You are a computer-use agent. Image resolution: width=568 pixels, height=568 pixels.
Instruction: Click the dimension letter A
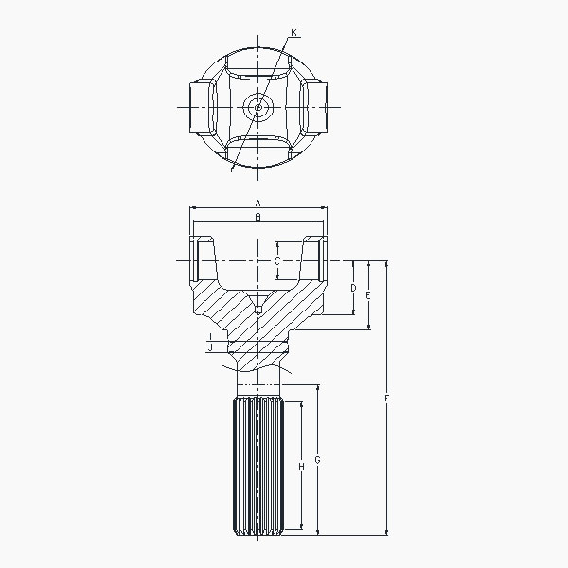point(257,203)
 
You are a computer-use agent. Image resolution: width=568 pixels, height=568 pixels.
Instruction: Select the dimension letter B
point(257,217)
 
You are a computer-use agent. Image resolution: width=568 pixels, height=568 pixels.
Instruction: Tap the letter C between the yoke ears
point(276,260)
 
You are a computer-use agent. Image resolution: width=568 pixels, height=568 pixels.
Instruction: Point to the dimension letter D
point(352,287)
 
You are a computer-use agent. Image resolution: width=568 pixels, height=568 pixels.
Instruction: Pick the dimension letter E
point(368,295)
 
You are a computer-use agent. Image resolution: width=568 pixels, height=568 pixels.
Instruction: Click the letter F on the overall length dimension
point(387,399)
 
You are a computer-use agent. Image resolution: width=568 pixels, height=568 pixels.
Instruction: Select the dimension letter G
point(317,460)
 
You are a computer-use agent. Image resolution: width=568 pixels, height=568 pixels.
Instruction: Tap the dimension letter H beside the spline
point(301,466)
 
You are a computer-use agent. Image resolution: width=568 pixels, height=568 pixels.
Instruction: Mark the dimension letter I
point(209,336)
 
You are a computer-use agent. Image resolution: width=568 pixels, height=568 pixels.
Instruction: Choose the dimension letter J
point(209,347)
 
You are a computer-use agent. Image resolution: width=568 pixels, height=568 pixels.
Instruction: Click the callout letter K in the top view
point(294,33)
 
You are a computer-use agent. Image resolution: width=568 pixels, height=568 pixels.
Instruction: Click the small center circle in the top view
point(257,106)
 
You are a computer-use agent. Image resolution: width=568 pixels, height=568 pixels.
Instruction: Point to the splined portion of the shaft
point(257,469)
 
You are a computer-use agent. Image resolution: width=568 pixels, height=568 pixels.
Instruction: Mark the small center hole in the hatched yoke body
point(257,308)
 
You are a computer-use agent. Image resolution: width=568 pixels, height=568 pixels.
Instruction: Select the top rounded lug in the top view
point(257,66)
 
